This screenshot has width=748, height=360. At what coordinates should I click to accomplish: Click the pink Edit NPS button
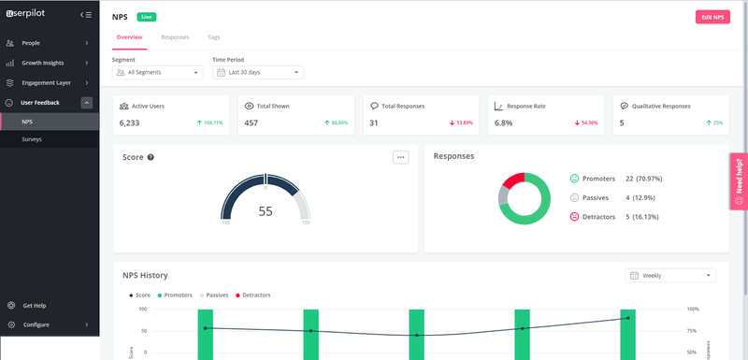tap(712, 17)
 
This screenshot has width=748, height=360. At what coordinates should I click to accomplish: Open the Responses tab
tap(175, 37)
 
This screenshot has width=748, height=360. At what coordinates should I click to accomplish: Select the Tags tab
tap(214, 37)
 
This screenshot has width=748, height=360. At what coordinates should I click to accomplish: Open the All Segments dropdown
tap(157, 72)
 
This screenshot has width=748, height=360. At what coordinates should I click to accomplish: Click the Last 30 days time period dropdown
tap(257, 72)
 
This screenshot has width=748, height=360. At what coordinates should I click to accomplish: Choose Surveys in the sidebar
tap(32, 139)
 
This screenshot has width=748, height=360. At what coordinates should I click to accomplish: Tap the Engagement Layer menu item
tap(47, 82)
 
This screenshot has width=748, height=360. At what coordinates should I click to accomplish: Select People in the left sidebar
tap(31, 43)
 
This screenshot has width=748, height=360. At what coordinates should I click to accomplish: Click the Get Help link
tap(34, 306)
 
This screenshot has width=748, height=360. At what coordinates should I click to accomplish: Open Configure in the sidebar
tap(36, 324)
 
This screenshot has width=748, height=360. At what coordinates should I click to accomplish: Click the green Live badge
tap(147, 17)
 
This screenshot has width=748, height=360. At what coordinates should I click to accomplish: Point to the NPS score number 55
tap(266, 211)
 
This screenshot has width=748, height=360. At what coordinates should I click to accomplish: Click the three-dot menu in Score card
tap(401, 157)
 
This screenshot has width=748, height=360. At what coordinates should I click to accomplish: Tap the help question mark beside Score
tap(151, 157)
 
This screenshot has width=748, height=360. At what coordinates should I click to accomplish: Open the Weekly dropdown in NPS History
tap(671, 276)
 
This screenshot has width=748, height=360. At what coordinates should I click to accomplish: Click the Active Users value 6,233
tap(129, 122)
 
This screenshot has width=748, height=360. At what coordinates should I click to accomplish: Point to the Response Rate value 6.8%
tap(504, 122)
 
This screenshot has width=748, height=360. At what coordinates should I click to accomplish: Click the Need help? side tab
tap(739, 180)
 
